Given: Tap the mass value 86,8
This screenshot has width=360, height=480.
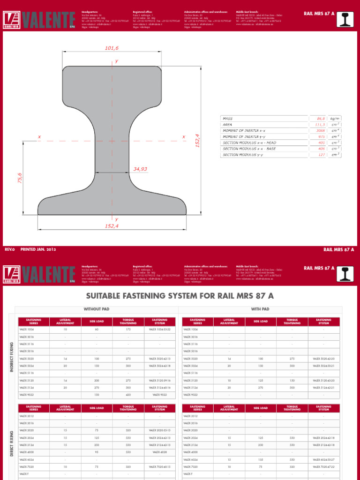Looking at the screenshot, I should point(321,119).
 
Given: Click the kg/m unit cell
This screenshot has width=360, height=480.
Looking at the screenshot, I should point(335,119).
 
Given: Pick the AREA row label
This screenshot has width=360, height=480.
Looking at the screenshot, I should point(228,125).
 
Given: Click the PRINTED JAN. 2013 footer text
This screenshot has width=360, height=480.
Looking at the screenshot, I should point(38,250).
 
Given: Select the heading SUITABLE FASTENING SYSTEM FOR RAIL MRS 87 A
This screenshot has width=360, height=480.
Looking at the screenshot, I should point(180,296).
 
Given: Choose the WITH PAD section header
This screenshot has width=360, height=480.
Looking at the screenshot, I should point(260,309).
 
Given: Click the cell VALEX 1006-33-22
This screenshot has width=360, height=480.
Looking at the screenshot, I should point(159,330).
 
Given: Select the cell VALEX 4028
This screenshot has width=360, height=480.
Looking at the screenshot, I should point(159,452).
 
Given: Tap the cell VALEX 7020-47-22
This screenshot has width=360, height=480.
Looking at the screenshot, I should point(323,467).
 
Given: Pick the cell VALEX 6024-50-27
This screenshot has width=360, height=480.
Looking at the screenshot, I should point(323,460).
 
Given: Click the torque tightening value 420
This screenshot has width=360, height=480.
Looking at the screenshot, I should point(128,395).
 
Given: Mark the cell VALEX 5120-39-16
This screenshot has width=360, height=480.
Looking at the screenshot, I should point(159,380).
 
